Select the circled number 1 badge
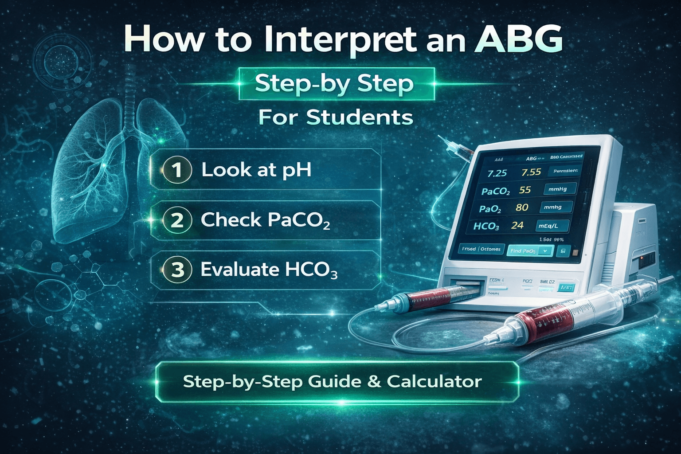(x=177, y=170)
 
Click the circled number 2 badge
(x=177, y=220)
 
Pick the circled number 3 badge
(x=177, y=270)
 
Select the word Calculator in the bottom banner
(x=434, y=382)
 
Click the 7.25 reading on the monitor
(x=497, y=173)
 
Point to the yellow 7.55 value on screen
(x=531, y=172)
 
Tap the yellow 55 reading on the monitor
(x=525, y=190)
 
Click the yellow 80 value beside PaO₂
(x=522, y=207)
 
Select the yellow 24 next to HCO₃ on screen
(x=517, y=225)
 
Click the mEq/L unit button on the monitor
(x=552, y=226)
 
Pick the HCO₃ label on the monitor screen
(x=486, y=227)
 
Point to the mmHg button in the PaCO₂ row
(x=558, y=189)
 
